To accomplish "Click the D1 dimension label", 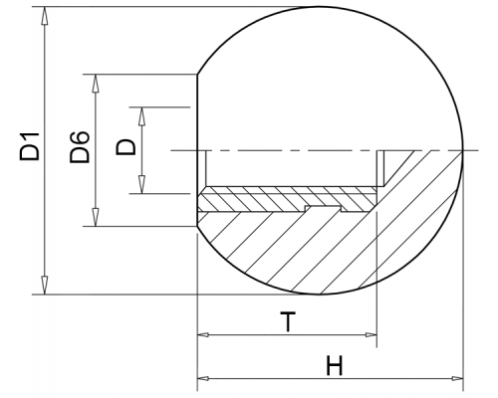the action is pos(30,146).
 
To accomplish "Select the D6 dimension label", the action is pos(80,147).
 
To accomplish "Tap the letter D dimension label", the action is pos(125,147).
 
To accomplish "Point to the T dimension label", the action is pos(288,321).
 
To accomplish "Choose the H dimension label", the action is pos(334,365).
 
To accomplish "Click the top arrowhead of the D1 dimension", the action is pos(45,15).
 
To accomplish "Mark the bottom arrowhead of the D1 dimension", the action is pos(45,286).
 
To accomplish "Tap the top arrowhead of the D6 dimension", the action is pos(96,84).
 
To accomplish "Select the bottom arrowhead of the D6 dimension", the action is pos(96,217).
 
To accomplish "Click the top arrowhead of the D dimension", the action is pos(142,116).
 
